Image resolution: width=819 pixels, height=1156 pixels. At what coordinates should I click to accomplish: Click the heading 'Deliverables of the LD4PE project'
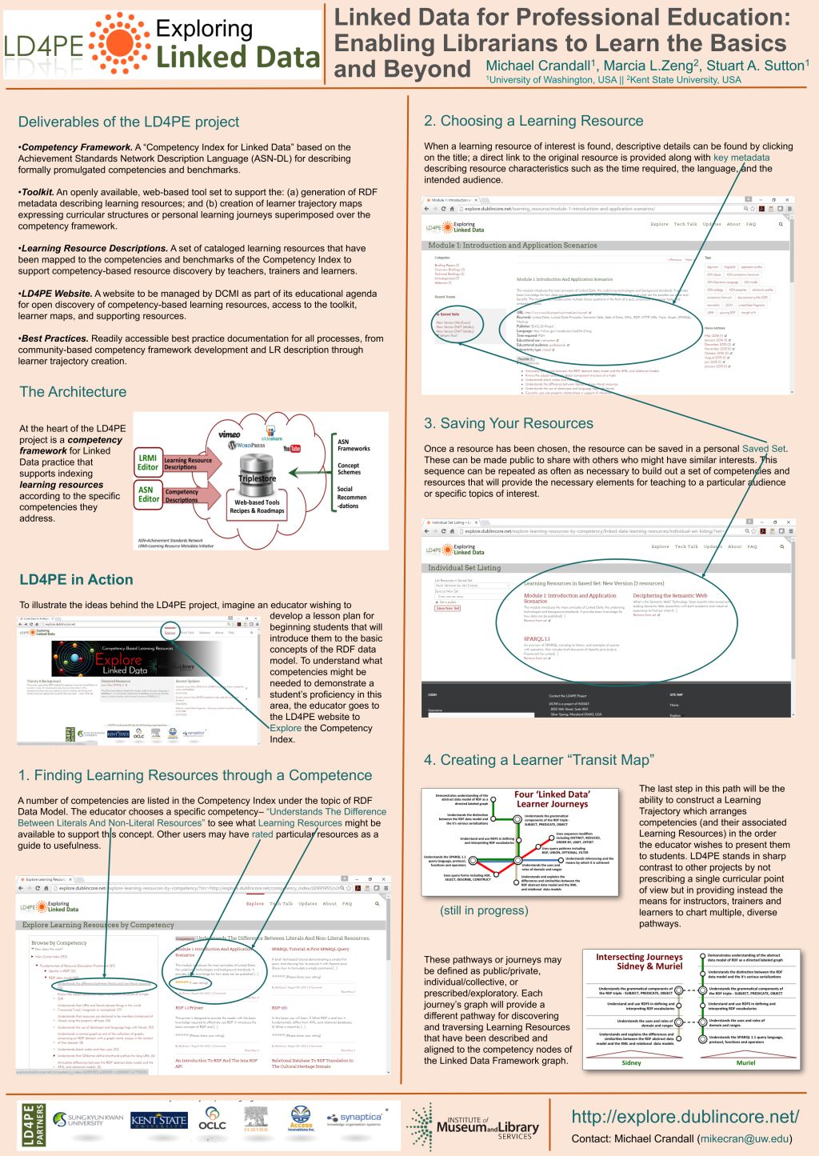pyautogui.click(x=129, y=122)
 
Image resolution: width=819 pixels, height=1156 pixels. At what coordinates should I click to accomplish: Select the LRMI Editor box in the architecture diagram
pyautogui.click(x=148, y=462)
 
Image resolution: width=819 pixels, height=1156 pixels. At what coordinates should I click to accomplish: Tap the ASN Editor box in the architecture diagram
pyautogui.click(x=148, y=494)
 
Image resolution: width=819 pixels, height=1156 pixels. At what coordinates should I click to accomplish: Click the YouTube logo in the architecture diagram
pyautogui.click(x=292, y=449)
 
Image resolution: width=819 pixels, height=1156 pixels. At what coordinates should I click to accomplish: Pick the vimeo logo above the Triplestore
pyautogui.click(x=230, y=434)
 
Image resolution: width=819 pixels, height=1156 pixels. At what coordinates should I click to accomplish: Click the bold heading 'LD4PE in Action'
pyautogui.click(x=76, y=580)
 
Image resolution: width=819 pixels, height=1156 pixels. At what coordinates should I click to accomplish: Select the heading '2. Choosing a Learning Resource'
pyautogui.click(x=533, y=121)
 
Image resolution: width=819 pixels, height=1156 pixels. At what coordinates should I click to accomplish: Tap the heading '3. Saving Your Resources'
pyautogui.click(x=509, y=423)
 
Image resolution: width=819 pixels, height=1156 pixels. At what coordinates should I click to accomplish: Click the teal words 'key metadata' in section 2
pyautogui.click(x=741, y=158)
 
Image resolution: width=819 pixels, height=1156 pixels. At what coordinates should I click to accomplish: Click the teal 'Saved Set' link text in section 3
pyautogui.click(x=764, y=449)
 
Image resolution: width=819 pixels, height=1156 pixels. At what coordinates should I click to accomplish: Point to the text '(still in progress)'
pyautogui.click(x=484, y=910)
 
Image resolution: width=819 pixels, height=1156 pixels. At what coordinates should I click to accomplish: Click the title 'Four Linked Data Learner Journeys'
pyautogui.click(x=552, y=799)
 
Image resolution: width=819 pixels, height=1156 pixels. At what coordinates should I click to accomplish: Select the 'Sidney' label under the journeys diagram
pyautogui.click(x=631, y=1063)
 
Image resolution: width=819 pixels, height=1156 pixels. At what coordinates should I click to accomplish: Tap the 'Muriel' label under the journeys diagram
pyautogui.click(x=745, y=1063)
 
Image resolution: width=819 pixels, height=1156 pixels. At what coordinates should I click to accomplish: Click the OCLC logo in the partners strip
pyautogui.click(x=212, y=1119)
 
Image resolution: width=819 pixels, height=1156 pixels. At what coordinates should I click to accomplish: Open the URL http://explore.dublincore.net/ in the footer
pyautogui.click(x=685, y=1116)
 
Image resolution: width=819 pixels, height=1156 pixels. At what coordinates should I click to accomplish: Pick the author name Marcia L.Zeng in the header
pyautogui.click(x=651, y=66)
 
